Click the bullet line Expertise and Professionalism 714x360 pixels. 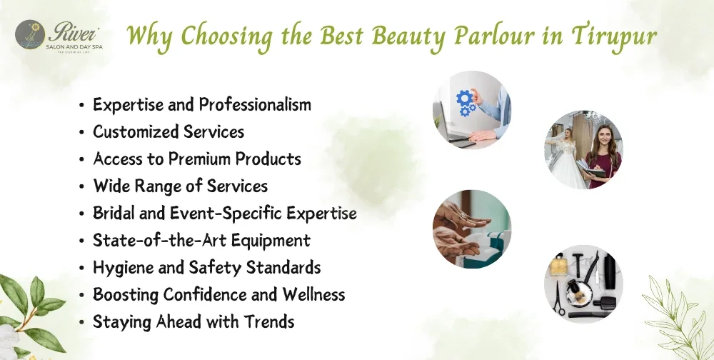tap(202, 105)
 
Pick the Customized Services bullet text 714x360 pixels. tap(169, 132)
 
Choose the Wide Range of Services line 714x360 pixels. tap(181, 186)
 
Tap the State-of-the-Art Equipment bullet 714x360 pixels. tap(201, 241)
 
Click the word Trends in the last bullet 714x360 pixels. tap(270, 322)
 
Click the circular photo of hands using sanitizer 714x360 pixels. tap(471, 229)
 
